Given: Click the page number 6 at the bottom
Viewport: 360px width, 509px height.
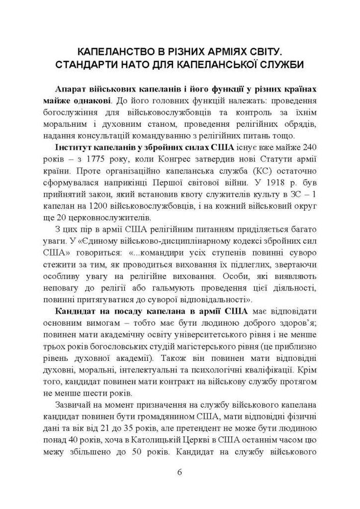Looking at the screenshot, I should pos(180,471).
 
